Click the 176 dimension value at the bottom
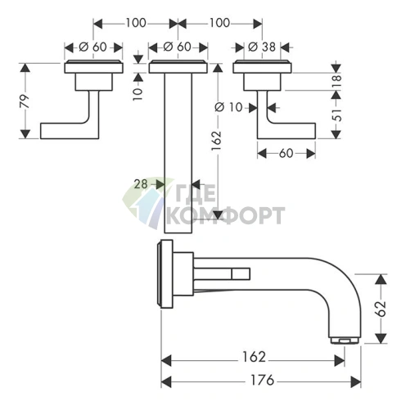coord(262,380)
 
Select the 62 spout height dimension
coord(381,309)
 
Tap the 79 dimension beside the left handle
coord(25,101)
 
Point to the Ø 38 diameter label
coord(262,47)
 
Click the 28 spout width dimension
coord(141,184)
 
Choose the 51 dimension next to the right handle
coord(336,115)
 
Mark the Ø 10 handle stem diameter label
coord(228,107)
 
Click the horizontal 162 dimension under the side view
coord(254,357)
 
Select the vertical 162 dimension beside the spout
coord(216,141)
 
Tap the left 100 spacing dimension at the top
coord(136,23)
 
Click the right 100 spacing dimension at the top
coord(219,23)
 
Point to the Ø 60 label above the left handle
coord(92,47)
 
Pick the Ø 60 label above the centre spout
coord(177,47)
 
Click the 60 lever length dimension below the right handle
coord(286,154)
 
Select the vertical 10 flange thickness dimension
coord(138,93)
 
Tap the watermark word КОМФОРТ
coord(225,215)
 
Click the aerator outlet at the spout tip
coord(345,341)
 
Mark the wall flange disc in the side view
coord(165,274)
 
